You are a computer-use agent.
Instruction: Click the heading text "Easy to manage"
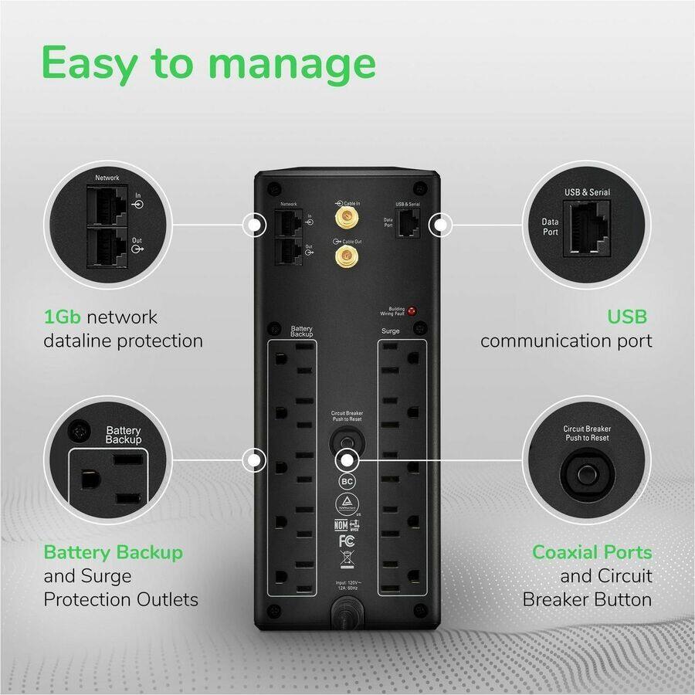point(208,63)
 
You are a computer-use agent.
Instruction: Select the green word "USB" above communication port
point(626,317)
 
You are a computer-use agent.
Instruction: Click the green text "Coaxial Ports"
point(592,552)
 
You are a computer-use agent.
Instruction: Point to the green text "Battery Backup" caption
point(114,552)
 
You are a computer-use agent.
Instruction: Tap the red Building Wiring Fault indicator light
point(412,312)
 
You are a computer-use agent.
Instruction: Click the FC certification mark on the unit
point(347,540)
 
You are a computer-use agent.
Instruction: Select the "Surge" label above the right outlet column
point(390,331)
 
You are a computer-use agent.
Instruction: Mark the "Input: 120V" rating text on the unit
point(347,585)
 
